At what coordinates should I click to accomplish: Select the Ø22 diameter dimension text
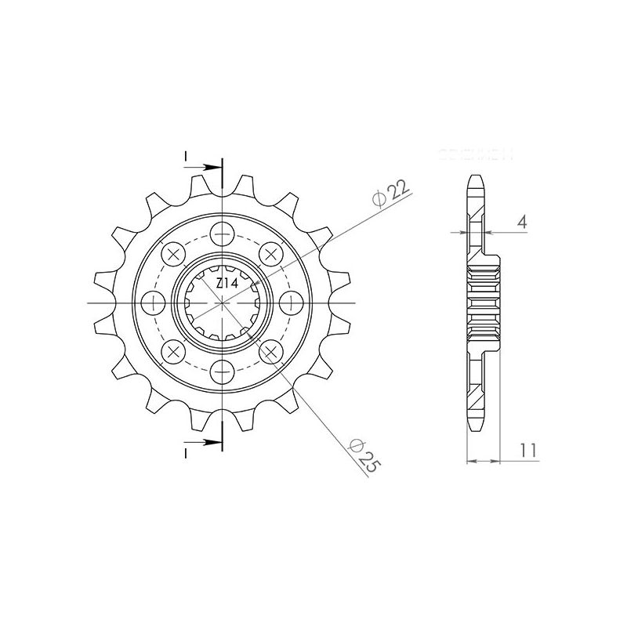tap(390, 193)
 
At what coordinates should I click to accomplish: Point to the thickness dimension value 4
tap(522, 222)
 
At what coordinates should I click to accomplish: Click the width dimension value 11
tap(528, 450)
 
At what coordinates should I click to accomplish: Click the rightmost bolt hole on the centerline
tap(292, 303)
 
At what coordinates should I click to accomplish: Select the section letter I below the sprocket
tap(186, 452)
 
